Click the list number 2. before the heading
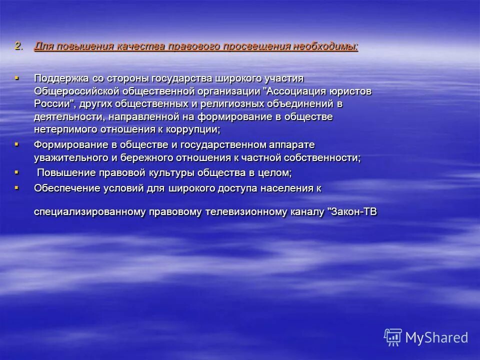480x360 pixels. [18, 46]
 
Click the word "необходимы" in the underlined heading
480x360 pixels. [325, 46]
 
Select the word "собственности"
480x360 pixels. [325, 157]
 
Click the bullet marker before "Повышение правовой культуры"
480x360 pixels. [17, 172]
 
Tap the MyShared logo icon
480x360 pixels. [393, 337]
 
